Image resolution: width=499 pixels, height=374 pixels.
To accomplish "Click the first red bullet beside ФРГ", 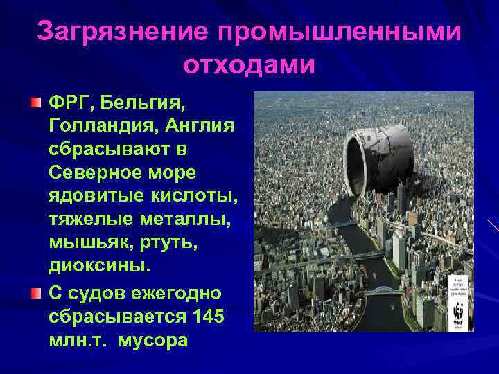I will pyautogui.click(x=35, y=103).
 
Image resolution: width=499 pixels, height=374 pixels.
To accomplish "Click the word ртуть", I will pyautogui.click(x=165, y=242).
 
